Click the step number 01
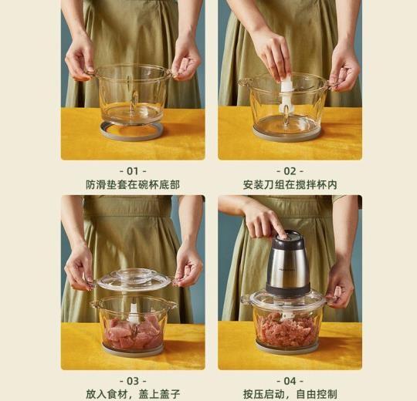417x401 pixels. (x=133, y=171)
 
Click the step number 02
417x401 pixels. (x=290, y=171)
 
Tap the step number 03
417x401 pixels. (x=133, y=381)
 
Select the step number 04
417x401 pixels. (x=290, y=381)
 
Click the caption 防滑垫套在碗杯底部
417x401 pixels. (x=133, y=185)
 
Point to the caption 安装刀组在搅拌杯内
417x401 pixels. (x=290, y=185)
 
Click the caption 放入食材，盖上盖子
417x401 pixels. (x=133, y=394)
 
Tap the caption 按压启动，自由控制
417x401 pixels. (x=290, y=394)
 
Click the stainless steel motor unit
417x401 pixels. (x=288, y=264)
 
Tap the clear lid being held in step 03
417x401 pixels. (x=134, y=279)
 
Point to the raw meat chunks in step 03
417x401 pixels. (x=133, y=332)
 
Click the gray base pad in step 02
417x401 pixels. (x=286, y=135)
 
